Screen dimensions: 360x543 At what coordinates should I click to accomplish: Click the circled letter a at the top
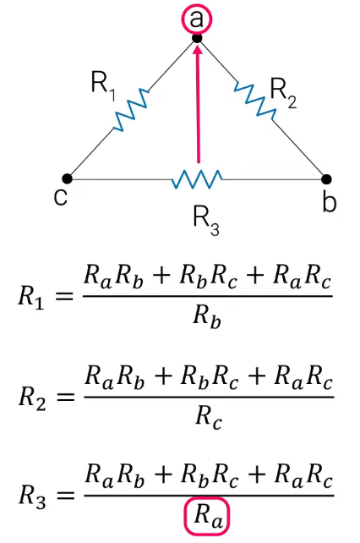click(x=197, y=19)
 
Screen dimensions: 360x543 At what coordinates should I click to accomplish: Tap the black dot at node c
click(x=67, y=179)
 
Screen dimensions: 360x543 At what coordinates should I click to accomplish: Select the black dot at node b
click(x=326, y=179)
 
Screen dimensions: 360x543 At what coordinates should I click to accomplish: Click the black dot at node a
click(x=197, y=38)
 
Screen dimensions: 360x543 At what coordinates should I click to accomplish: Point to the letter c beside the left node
click(x=61, y=198)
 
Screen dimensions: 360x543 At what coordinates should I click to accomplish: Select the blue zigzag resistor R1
click(x=131, y=110)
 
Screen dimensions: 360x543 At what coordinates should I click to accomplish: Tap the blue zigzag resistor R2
click(x=255, y=98)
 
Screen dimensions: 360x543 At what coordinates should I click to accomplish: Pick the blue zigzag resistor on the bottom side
click(x=197, y=179)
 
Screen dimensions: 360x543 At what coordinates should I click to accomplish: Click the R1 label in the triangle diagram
click(x=103, y=85)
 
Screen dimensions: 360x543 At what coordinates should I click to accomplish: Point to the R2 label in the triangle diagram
click(x=283, y=93)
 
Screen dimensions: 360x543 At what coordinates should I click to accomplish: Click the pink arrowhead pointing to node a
click(x=198, y=50)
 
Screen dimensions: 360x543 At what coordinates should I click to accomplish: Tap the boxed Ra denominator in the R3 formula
click(x=207, y=516)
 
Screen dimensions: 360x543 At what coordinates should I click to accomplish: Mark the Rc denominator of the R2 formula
click(x=208, y=417)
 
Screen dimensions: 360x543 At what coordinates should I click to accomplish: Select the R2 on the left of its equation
click(x=32, y=398)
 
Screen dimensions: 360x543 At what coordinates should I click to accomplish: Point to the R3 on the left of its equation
click(x=32, y=497)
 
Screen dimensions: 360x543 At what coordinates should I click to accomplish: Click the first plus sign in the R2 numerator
click(x=162, y=376)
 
